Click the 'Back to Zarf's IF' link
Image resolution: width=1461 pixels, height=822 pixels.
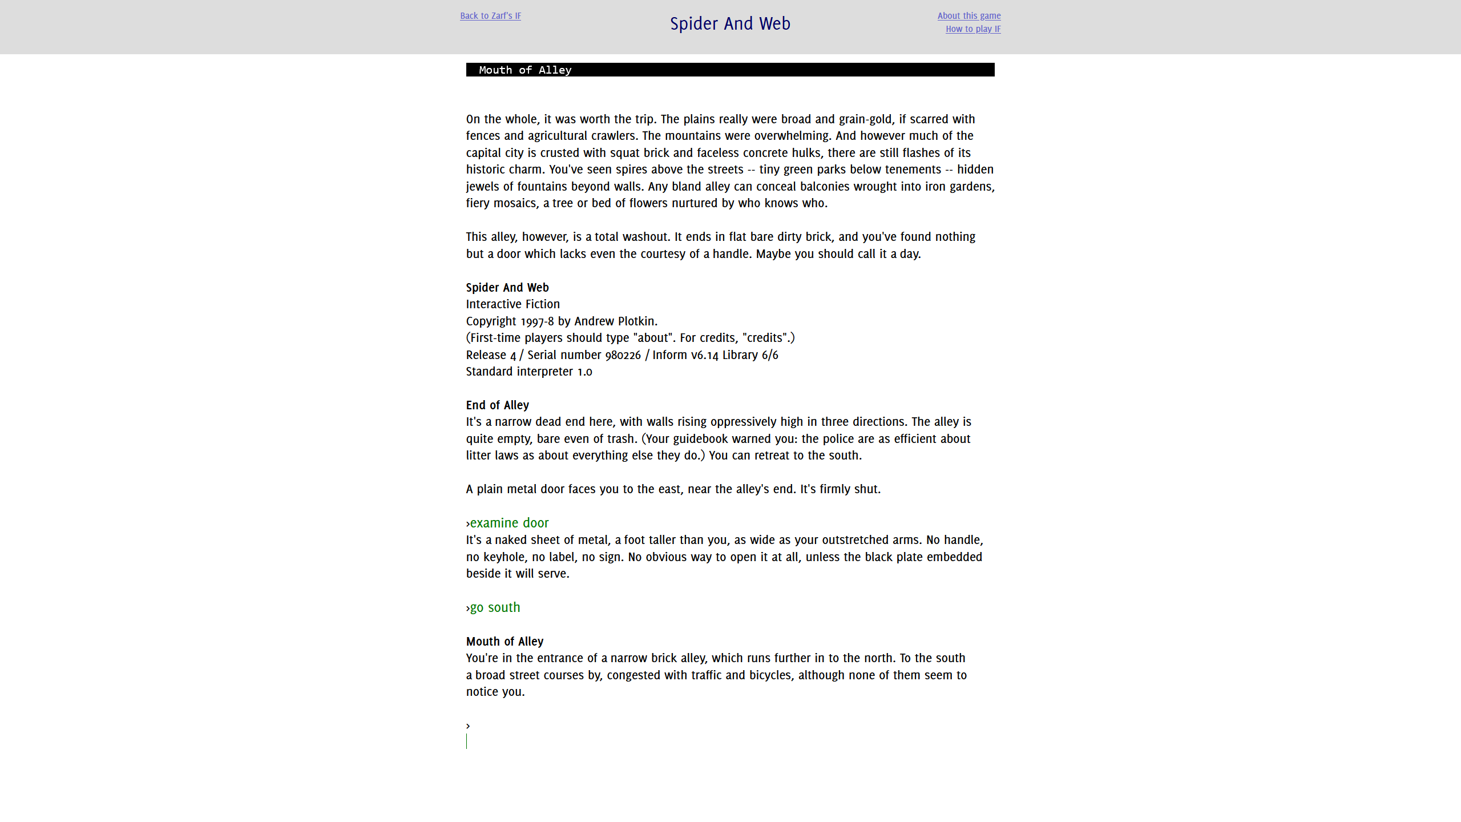coord(490,16)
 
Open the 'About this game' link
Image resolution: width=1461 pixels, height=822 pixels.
coord(968,16)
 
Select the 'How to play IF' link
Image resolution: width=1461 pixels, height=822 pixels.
coord(972,29)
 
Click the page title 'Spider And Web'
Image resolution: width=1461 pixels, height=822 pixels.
coord(730,23)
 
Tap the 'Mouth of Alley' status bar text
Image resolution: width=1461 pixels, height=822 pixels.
coord(524,70)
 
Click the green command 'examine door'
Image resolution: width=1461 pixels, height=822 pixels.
coord(509,523)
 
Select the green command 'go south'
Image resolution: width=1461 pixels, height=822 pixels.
coord(495,607)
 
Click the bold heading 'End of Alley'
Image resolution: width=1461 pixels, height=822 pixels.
coord(497,405)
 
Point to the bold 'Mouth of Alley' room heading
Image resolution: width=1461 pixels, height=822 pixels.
coord(505,642)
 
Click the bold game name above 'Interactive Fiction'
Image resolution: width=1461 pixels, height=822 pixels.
coord(507,288)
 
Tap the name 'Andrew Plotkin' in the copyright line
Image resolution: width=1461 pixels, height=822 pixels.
coord(615,321)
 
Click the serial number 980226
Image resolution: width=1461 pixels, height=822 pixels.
coord(623,355)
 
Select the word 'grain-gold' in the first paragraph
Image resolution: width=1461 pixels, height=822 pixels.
coord(865,119)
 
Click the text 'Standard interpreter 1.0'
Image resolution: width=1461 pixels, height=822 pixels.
coord(528,372)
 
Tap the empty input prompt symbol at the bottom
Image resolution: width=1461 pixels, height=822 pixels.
coord(468,726)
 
